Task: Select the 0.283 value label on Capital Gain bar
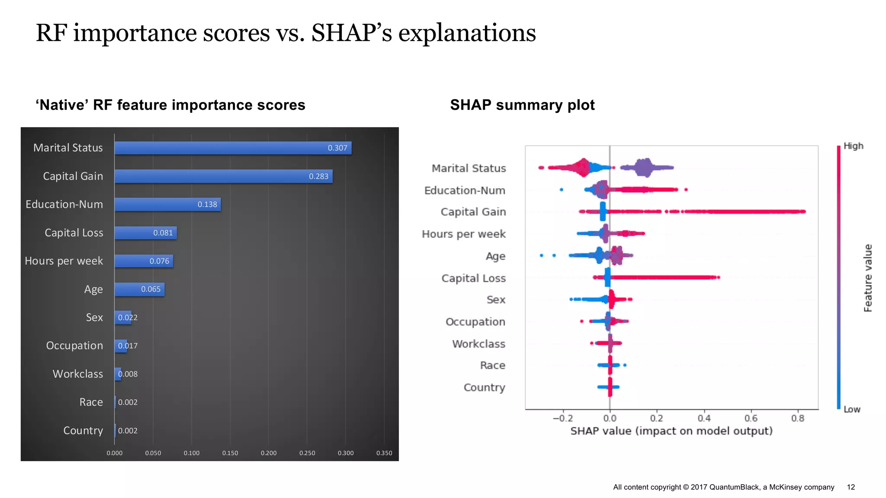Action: tap(318, 176)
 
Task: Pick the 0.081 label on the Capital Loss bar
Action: tap(163, 233)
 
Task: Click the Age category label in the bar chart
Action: tap(93, 289)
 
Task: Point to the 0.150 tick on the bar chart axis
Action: tap(230, 453)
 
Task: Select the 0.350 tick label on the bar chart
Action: tap(384, 453)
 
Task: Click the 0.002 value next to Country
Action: tap(128, 431)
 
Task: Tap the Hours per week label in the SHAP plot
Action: tap(463, 234)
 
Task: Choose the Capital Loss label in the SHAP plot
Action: tap(473, 278)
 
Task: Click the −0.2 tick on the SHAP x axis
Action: tap(562, 418)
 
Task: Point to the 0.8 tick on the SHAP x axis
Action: tap(798, 418)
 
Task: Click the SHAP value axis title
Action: tap(671, 431)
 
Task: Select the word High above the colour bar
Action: tap(853, 146)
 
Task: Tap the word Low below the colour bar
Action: tap(852, 409)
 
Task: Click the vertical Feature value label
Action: tap(868, 278)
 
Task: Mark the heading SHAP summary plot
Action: tap(522, 105)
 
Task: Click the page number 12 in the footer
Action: tap(851, 487)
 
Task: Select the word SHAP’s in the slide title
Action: tap(351, 33)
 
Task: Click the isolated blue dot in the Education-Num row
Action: tap(561, 189)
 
